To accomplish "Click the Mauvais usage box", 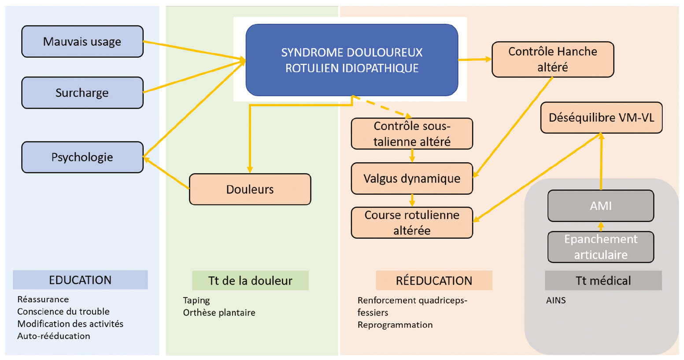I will (x=82, y=41).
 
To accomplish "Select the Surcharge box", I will (x=82, y=93).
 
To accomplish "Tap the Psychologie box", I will (x=82, y=157).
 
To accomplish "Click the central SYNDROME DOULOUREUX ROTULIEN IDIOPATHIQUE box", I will (x=351, y=60).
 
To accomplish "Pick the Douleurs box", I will (x=250, y=189).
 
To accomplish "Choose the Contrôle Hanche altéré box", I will (x=552, y=59).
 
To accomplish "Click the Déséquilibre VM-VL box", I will (x=601, y=118).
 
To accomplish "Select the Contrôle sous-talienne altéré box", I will (x=412, y=134).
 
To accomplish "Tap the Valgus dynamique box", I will (x=412, y=178).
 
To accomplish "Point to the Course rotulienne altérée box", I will (x=412, y=223).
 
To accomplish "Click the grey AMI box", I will (x=600, y=206).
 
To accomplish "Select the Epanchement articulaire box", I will (x=600, y=247).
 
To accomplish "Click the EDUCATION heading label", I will (x=80, y=280).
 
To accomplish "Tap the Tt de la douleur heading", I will (x=250, y=281).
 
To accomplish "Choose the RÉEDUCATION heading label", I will (x=434, y=281).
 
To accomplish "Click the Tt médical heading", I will (x=603, y=281).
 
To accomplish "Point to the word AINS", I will (x=556, y=301).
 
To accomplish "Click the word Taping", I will (x=196, y=301).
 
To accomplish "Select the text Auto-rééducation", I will (x=54, y=336).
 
